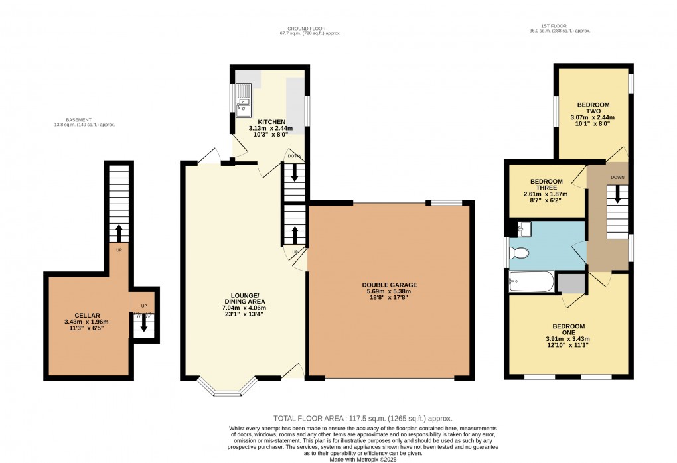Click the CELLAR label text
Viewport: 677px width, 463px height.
(87, 315)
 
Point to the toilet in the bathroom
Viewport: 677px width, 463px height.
(519, 253)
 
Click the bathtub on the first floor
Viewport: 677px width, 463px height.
(531, 283)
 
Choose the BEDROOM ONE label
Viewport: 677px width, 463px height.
(569, 326)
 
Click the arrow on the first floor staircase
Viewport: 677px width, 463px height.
(618, 194)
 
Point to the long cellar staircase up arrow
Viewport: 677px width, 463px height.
(119, 233)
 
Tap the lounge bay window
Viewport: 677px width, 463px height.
(228, 389)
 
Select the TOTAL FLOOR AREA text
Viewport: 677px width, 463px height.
(362, 419)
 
